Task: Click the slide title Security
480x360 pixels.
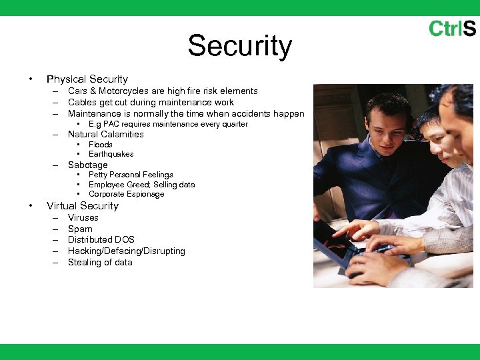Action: click(239, 46)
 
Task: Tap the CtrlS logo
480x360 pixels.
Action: click(451, 29)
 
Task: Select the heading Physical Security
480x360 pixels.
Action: click(87, 79)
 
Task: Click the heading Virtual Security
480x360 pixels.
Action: click(82, 206)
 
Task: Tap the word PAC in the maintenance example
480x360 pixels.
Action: click(111, 124)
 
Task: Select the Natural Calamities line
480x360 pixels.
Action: click(105, 134)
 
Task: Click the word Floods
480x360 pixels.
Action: click(101, 145)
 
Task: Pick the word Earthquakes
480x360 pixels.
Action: click(111, 154)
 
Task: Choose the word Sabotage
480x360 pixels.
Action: click(87, 165)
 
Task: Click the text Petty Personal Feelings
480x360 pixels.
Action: click(131, 175)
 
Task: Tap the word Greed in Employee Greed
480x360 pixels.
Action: click(141, 185)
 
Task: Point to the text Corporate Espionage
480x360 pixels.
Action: click(126, 194)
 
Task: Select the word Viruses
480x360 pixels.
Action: click(83, 218)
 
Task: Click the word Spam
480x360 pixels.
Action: click(80, 229)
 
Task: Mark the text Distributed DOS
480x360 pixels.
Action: click(101, 240)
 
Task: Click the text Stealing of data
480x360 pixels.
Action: click(100, 263)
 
